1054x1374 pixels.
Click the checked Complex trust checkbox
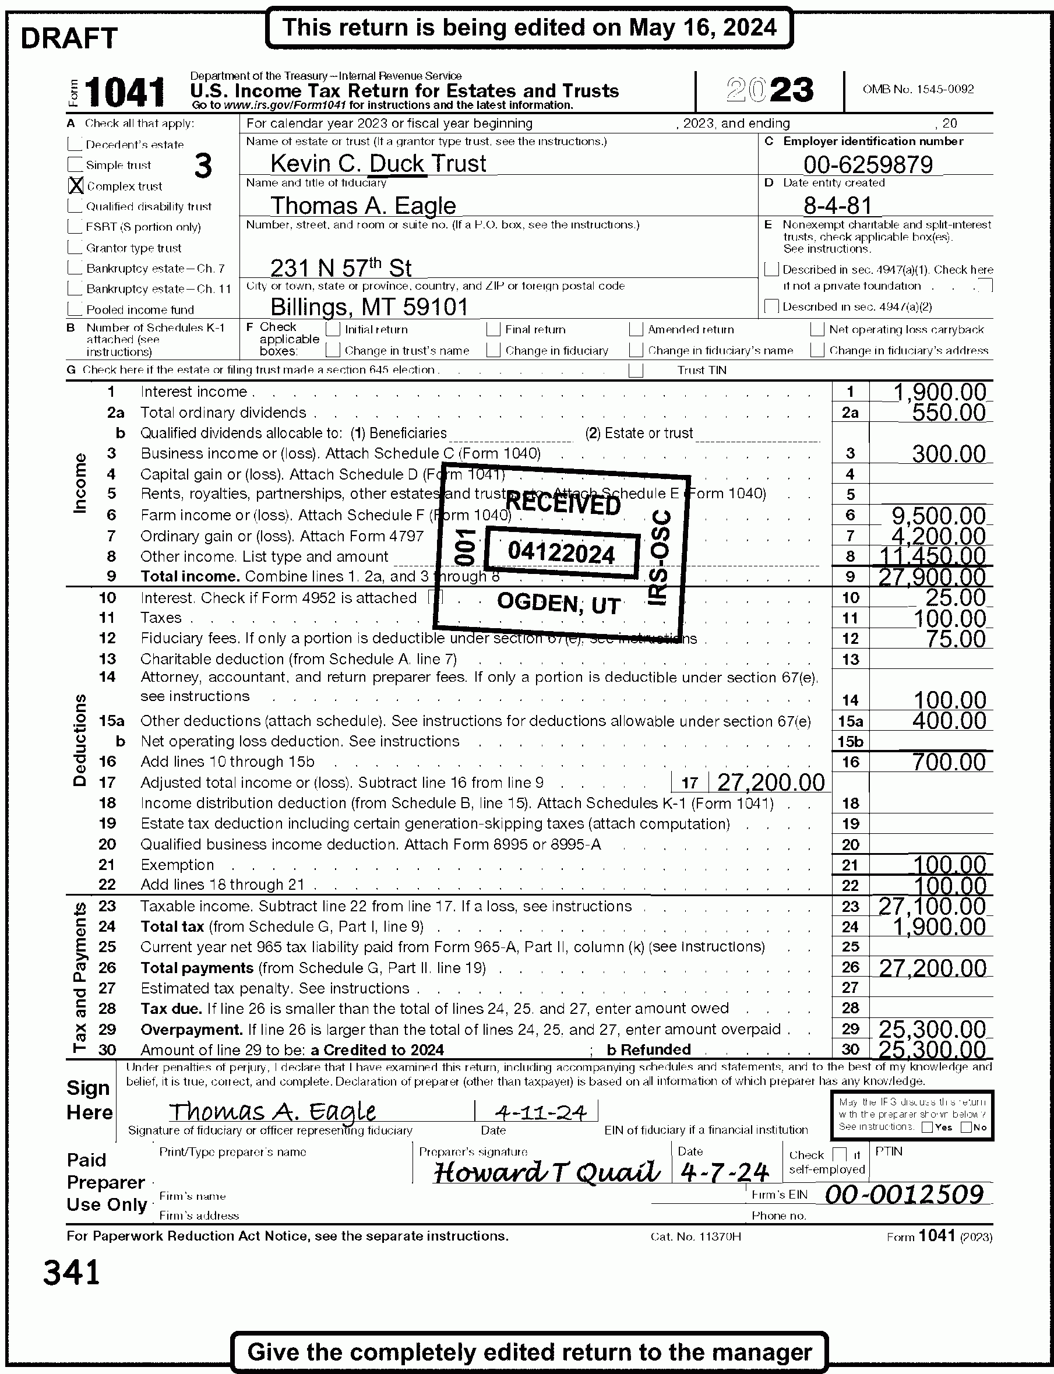76,185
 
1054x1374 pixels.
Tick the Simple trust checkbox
75,165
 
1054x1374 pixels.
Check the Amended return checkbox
636,329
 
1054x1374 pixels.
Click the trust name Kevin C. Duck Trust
378,164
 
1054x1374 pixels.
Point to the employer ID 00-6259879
868,164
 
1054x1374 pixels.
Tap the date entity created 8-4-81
838,205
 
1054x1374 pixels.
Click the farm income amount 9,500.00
939,516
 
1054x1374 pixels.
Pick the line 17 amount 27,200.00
770,783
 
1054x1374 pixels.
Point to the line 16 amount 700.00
949,762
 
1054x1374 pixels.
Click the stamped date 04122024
561,553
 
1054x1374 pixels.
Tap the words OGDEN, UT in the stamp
558,604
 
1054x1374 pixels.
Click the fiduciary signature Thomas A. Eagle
272,1112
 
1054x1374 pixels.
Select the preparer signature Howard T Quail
547,1172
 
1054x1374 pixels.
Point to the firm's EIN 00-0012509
904,1194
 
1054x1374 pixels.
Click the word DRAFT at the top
69,39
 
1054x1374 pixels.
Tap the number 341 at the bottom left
72,1273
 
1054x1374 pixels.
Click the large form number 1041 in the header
125,92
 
